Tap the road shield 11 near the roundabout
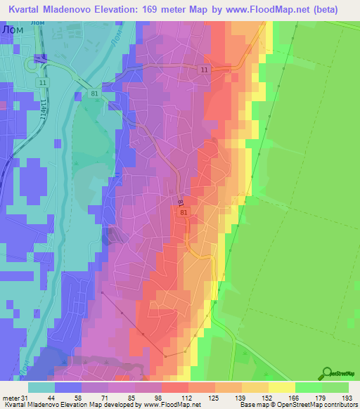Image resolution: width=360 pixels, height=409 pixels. point(44,82)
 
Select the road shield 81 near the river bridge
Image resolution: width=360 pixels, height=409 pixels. point(95,93)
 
